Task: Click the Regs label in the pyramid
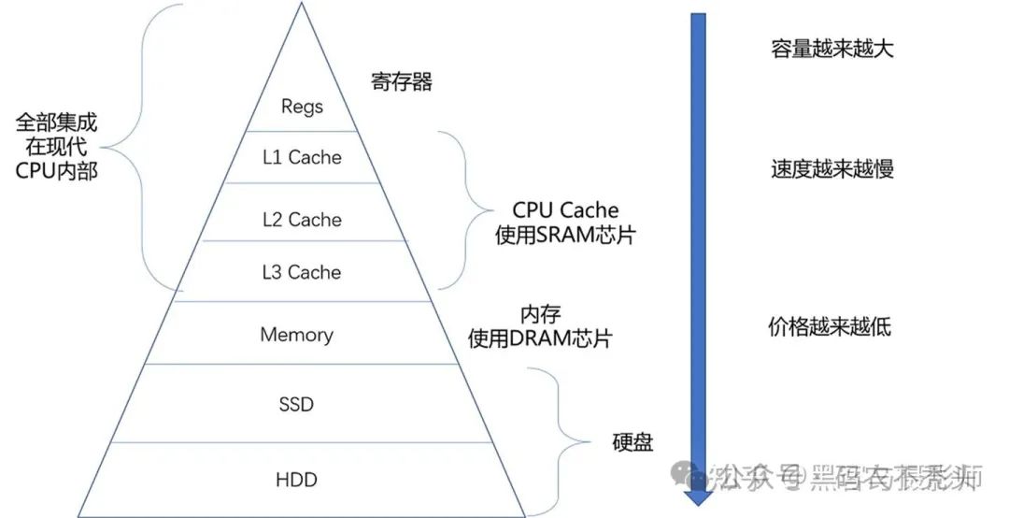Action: click(302, 106)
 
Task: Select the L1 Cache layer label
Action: click(302, 157)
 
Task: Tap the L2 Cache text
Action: click(302, 220)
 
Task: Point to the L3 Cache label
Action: click(302, 272)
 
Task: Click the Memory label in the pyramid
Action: click(296, 334)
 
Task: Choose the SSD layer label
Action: click(296, 405)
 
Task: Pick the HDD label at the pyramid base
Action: click(296, 480)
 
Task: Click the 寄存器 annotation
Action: click(402, 82)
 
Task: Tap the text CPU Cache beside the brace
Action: click(565, 210)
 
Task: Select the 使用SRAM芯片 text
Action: click(565, 235)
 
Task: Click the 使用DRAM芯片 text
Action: click(540, 338)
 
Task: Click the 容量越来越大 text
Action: click(831, 49)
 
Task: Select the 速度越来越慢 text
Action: click(831, 169)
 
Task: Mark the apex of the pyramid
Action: click(302, 4)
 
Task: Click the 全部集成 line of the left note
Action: click(56, 122)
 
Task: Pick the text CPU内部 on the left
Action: click(56, 171)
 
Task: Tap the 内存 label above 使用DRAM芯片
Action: click(540, 314)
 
